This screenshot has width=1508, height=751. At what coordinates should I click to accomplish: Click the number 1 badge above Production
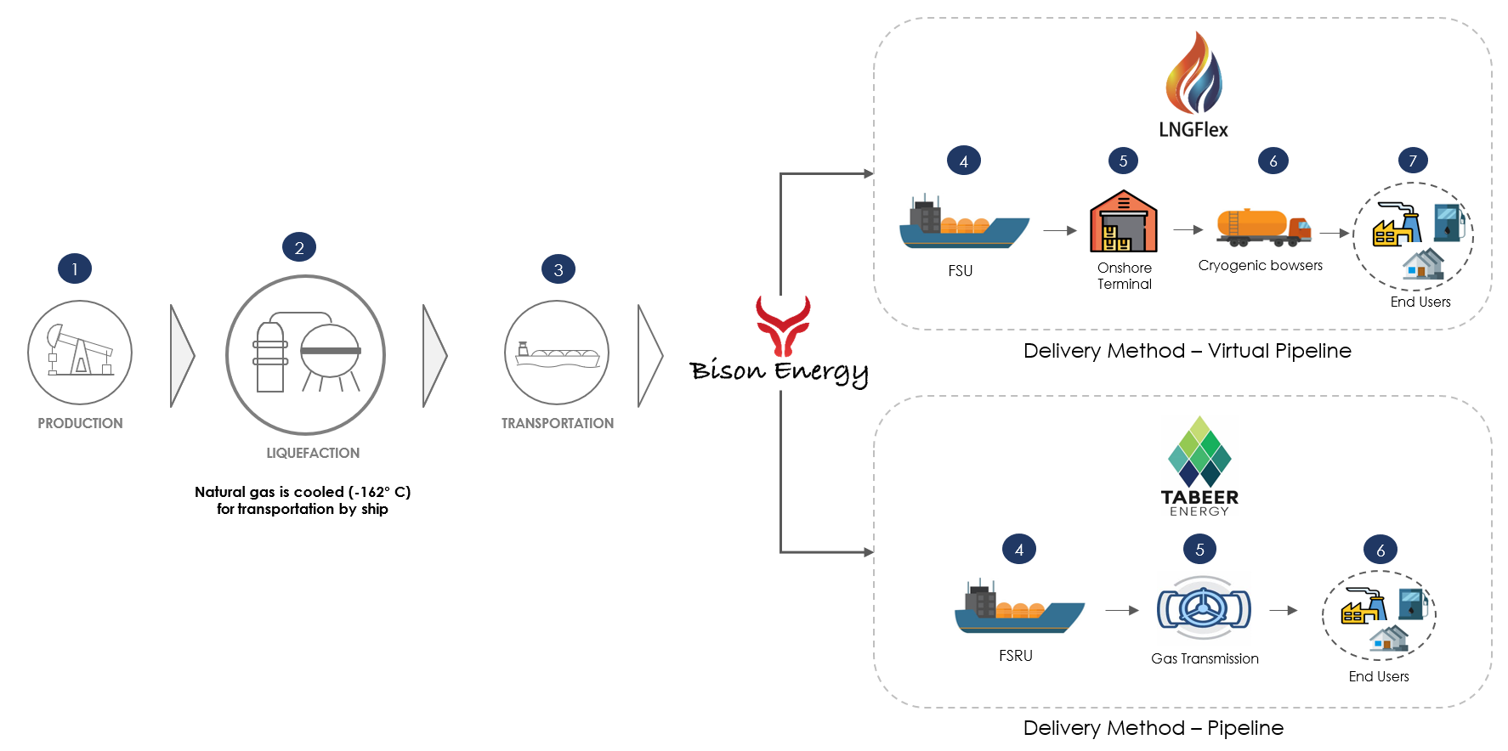(75, 269)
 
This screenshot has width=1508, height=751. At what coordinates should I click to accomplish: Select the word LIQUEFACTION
(313, 453)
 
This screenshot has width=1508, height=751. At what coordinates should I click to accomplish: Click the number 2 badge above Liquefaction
(299, 247)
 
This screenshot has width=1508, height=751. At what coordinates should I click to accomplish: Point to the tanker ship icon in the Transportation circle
(557, 354)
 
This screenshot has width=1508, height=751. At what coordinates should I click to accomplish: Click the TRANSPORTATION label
(557, 423)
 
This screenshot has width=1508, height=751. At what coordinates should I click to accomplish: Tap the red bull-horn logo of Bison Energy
(783, 325)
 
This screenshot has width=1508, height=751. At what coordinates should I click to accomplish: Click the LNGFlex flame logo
(1193, 75)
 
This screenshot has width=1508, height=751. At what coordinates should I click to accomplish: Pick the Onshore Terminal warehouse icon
(1124, 222)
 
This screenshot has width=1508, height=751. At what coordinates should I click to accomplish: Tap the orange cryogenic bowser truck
(1263, 227)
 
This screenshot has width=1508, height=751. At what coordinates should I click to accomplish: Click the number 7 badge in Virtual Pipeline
(1413, 161)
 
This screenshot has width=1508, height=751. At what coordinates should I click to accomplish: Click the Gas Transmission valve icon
(1204, 608)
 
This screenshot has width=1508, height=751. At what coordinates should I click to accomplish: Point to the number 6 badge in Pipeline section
(1380, 551)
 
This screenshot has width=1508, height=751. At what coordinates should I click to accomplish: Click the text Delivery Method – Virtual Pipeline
(1187, 351)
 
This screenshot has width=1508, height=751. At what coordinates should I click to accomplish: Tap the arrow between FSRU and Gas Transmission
(1122, 610)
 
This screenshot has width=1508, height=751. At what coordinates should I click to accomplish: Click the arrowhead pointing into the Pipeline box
(869, 552)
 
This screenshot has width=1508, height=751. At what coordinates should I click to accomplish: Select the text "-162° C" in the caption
(379, 492)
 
